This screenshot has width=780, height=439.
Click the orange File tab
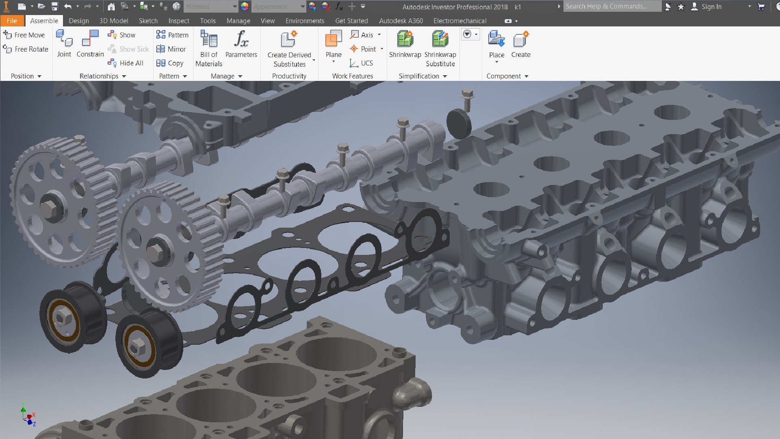[12, 21]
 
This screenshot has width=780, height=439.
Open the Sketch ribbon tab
[148, 21]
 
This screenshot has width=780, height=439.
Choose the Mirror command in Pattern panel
[171, 49]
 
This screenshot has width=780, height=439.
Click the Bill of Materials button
[209, 48]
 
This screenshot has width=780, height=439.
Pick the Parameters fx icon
[241, 40]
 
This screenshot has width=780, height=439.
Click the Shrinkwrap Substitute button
[440, 48]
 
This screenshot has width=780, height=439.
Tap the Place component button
[496, 45]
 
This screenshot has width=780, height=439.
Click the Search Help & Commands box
[611, 7]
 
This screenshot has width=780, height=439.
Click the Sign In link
[711, 7]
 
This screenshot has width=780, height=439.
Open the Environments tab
[305, 21]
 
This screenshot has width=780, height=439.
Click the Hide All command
[126, 63]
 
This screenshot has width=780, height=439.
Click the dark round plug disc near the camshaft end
[459, 123]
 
